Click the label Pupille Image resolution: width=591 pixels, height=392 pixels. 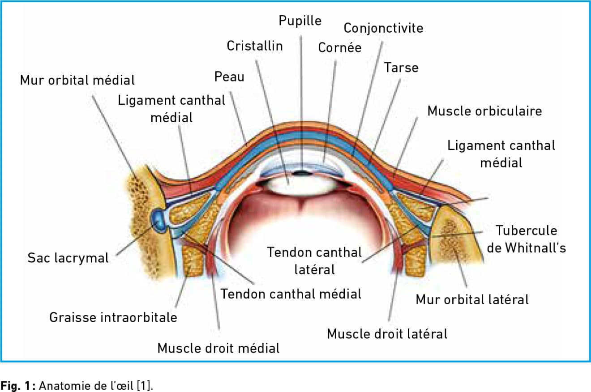pyautogui.click(x=300, y=21)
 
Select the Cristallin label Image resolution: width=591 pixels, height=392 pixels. pyautogui.click(x=255, y=46)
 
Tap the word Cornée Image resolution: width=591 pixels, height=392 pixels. pyautogui.click(x=339, y=48)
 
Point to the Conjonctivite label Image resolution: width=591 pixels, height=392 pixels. pyautogui.click(x=383, y=28)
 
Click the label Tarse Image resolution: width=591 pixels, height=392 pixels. pyautogui.click(x=401, y=68)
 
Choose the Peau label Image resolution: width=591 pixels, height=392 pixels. pyautogui.click(x=229, y=77)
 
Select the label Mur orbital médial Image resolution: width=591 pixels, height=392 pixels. pyautogui.click(x=77, y=81)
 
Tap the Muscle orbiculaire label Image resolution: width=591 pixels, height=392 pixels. pyautogui.click(x=484, y=111)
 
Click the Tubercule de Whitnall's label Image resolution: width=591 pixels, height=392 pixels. pyautogui.click(x=526, y=239)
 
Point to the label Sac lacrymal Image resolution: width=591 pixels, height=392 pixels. pyautogui.click(x=68, y=258)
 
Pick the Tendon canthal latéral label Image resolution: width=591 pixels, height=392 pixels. pyautogui.click(x=314, y=260)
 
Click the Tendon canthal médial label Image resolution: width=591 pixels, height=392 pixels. pyautogui.click(x=291, y=294)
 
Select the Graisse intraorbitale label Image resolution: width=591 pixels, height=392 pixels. pyautogui.click(x=113, y=318)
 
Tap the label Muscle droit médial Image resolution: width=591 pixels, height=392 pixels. pyautogui.click(x=218, y=348)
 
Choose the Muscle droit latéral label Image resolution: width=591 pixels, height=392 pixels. pyautogui.click(x=387, y=334)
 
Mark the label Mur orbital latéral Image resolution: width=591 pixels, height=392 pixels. pyautogui.click(x=472, y=299)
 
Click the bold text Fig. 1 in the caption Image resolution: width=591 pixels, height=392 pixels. pyautogui.click(x=13, y=384)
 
